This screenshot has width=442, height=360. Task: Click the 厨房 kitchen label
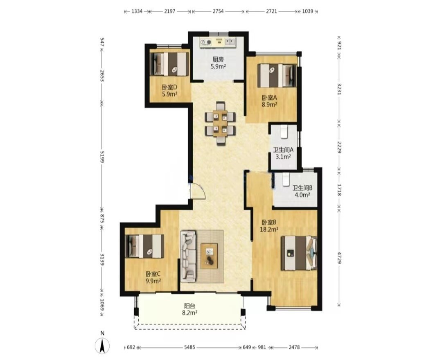point(218,59)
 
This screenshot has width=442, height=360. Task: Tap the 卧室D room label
point(169,87)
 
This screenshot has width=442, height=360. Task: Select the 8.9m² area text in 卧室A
point(269,105)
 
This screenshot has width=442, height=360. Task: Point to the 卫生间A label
point(283,150)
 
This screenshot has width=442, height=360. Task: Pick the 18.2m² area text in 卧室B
point(269,229)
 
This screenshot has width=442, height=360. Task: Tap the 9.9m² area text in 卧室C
point(153,281)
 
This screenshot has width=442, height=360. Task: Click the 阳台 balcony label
point(189,306)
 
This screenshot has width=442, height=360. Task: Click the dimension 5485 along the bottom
point(189,347)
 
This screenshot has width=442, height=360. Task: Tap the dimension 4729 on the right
point(339,257)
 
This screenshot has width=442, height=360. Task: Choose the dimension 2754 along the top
point(218,11)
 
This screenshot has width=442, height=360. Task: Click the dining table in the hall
point(220,124)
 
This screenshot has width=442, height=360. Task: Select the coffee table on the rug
point(209,256)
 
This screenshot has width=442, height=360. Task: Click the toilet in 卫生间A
point(284,132)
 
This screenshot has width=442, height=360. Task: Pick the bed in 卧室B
point(299,253)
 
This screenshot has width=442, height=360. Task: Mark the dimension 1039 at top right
point(307,11)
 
